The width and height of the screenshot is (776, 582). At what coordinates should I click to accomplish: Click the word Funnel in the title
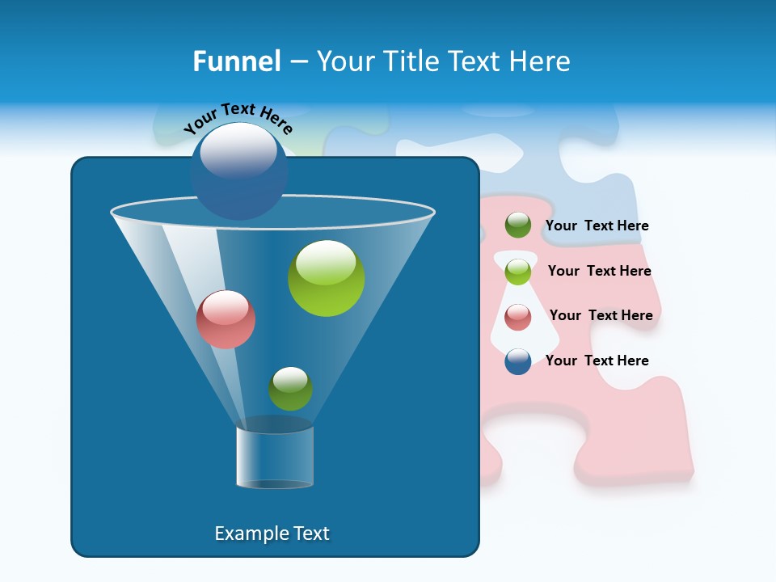pos(237,61)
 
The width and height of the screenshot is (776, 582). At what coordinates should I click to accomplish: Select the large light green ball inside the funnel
pos(326,278)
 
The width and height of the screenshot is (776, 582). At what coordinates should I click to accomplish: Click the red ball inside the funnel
pos(226,319)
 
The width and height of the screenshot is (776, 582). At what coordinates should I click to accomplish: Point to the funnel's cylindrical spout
pos(275,457)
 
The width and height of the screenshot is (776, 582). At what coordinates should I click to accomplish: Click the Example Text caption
pos(272,533)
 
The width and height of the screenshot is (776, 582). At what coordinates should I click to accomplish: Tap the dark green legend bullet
pos(518,226)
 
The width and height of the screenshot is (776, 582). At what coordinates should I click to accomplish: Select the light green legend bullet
pos(518,272)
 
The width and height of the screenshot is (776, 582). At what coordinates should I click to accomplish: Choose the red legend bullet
pos(518,317)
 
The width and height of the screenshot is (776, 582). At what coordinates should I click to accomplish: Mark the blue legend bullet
pos(518,361)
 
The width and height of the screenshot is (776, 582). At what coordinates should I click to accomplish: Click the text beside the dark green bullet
pos(597,226)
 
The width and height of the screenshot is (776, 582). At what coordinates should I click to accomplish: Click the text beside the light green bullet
pos(599,272)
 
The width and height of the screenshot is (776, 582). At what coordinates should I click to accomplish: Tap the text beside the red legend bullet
pos(601,316)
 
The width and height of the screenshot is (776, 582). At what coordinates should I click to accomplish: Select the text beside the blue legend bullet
pos(597,361)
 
